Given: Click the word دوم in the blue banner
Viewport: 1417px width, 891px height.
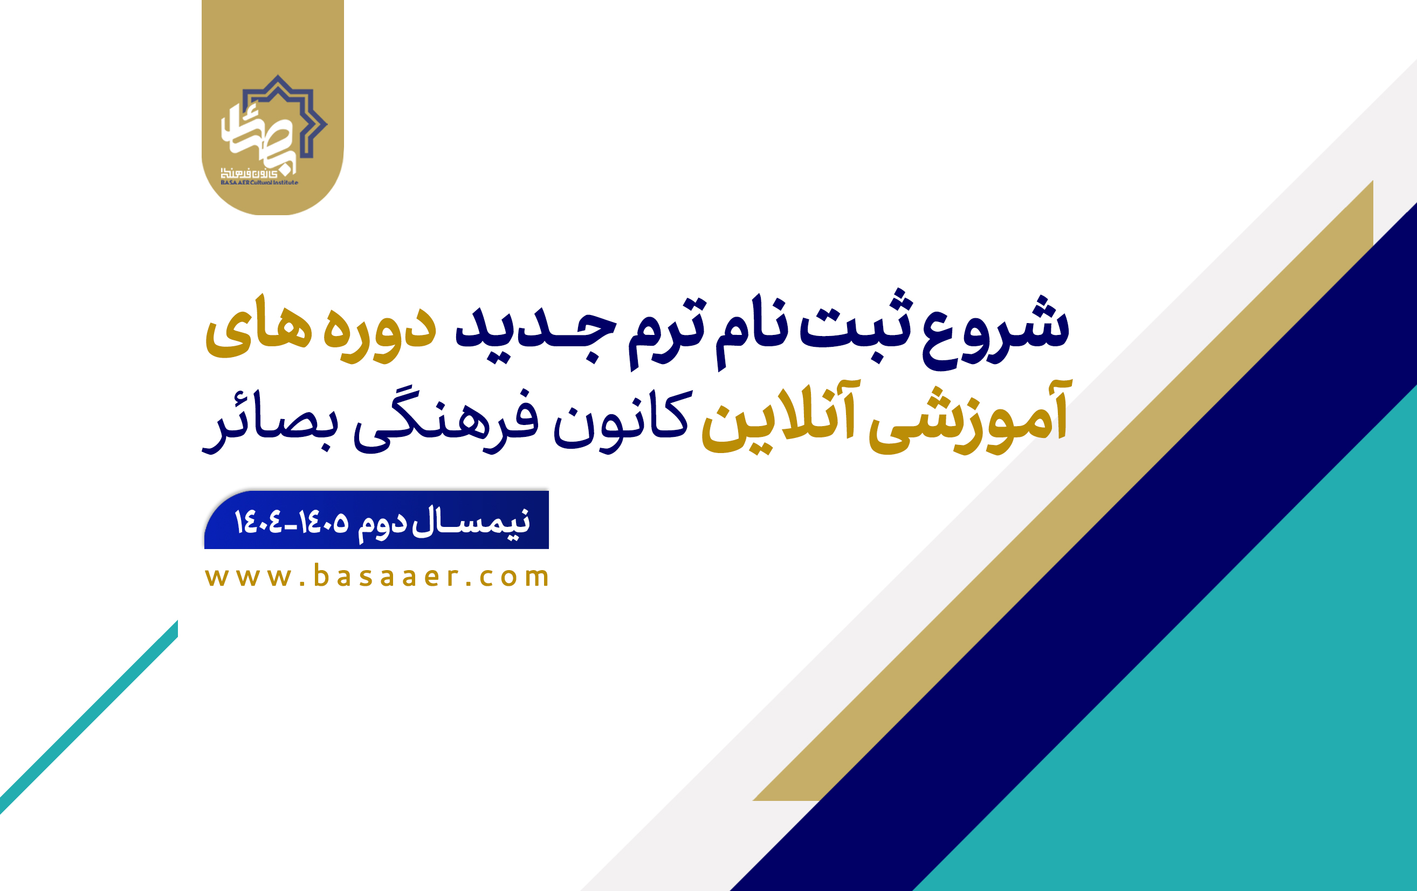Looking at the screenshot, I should click(382, 523).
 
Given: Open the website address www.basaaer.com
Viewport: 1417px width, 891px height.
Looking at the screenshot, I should click(376, 576).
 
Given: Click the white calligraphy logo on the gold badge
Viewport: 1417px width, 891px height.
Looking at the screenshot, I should click(259, 135).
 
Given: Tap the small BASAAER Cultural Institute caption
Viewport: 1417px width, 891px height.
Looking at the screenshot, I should click(259, 182).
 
